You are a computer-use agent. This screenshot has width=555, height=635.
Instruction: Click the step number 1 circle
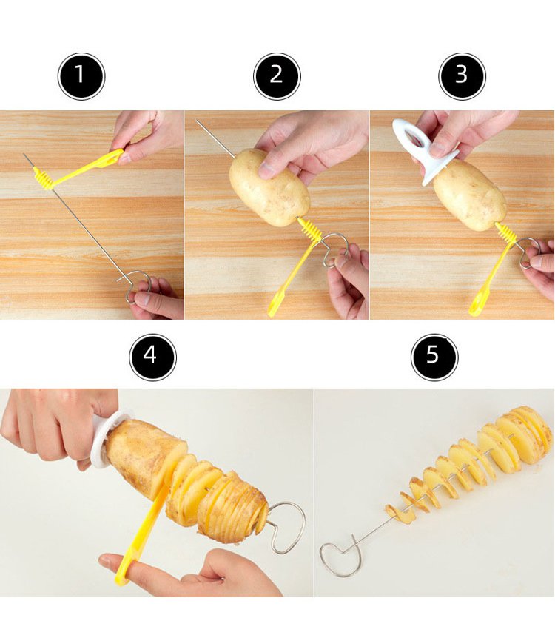point(81,76)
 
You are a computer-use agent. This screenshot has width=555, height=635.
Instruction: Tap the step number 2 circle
point(277,76)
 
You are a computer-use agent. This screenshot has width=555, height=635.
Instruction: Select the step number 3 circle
point(462,76)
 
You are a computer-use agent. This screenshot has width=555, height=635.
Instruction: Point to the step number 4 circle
point(152,357)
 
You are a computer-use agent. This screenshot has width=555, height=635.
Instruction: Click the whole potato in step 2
point(269,187)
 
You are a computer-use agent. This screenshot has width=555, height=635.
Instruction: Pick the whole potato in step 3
point(470,195)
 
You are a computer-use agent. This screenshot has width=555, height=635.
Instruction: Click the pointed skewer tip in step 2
point(198,121)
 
